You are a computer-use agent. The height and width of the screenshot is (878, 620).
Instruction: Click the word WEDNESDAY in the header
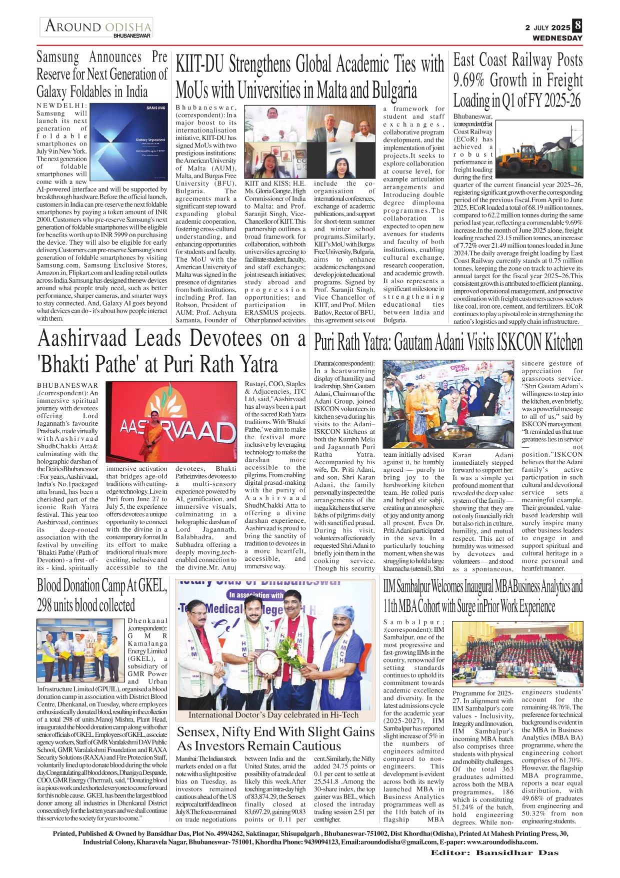[x=557, y=38]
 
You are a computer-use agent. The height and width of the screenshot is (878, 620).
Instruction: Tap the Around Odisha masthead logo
[x=97, y=27]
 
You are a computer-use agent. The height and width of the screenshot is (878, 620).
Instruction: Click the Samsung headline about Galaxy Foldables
[x=101, y=75]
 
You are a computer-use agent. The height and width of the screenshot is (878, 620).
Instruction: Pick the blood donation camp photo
[x=81, y=651]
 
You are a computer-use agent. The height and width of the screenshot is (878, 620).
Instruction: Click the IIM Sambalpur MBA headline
[x=482, y=596]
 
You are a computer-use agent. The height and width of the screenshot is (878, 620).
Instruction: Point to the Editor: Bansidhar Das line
[x=494, y=852]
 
